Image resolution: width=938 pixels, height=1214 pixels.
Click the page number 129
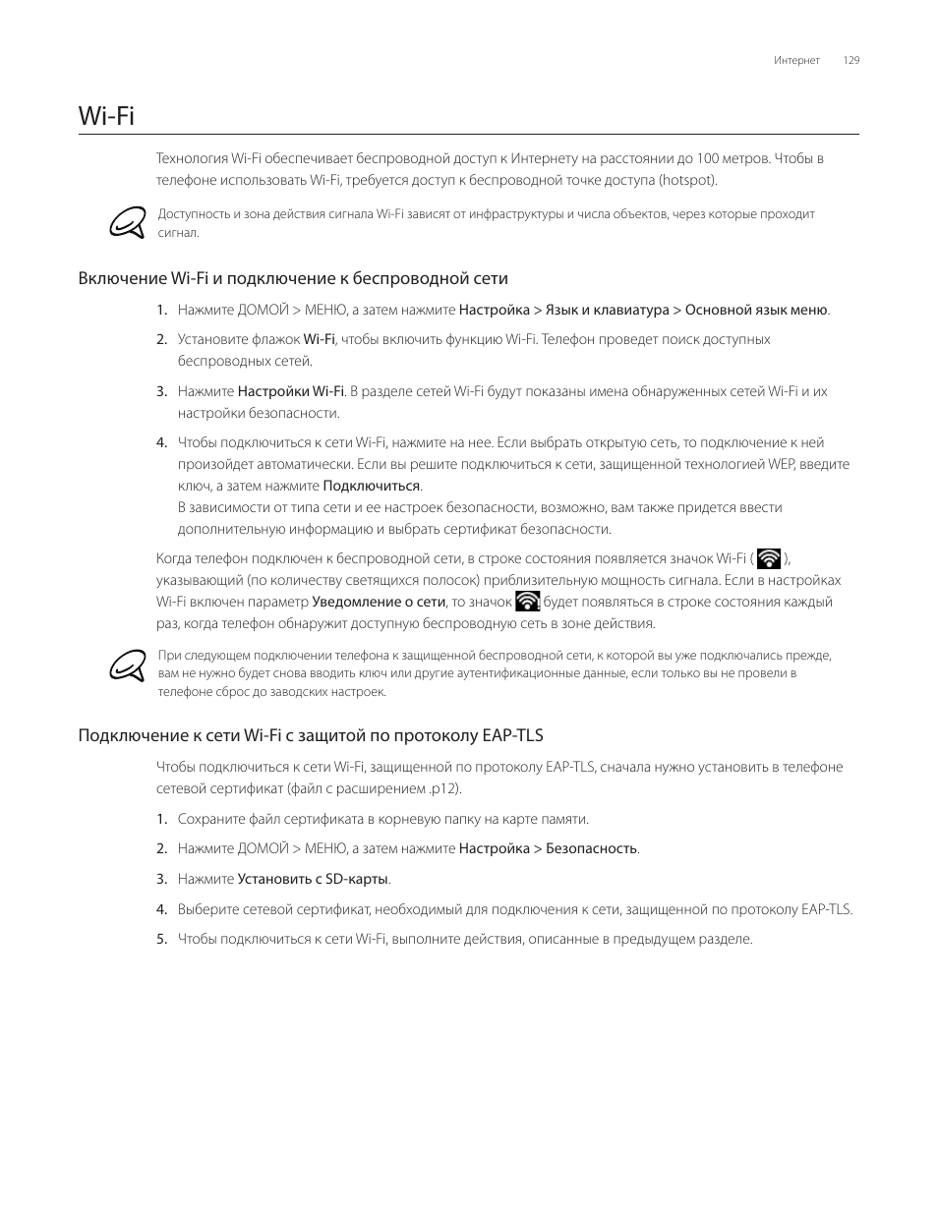pos(851,61)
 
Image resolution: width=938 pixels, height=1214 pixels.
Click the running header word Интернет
pos(796,61)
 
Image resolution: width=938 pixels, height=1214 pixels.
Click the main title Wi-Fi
pos(106,116)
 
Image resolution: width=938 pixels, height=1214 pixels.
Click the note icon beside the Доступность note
pos(131,223)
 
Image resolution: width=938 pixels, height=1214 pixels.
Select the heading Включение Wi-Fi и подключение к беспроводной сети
pos(293,278)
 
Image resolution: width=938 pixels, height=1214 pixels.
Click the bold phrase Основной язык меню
pos(756,310)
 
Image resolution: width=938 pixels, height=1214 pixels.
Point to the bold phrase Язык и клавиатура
pos(607,310)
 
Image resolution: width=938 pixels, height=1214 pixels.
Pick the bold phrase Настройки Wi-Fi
pos(291,391)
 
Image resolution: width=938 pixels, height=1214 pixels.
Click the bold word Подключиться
pos(372,486)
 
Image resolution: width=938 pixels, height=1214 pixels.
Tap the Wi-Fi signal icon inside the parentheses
pos(770,559)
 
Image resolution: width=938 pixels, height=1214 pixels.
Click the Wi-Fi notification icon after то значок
pos(528,602)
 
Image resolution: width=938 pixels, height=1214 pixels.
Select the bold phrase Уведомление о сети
pos(379,602)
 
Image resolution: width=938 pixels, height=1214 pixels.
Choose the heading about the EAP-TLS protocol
pos(311,735)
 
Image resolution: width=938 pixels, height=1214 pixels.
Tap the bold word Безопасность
pos(592,848)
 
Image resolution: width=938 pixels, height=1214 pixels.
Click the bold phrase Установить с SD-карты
pos(314,879)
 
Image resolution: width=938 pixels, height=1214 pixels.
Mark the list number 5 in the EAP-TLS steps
pos(161,939)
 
